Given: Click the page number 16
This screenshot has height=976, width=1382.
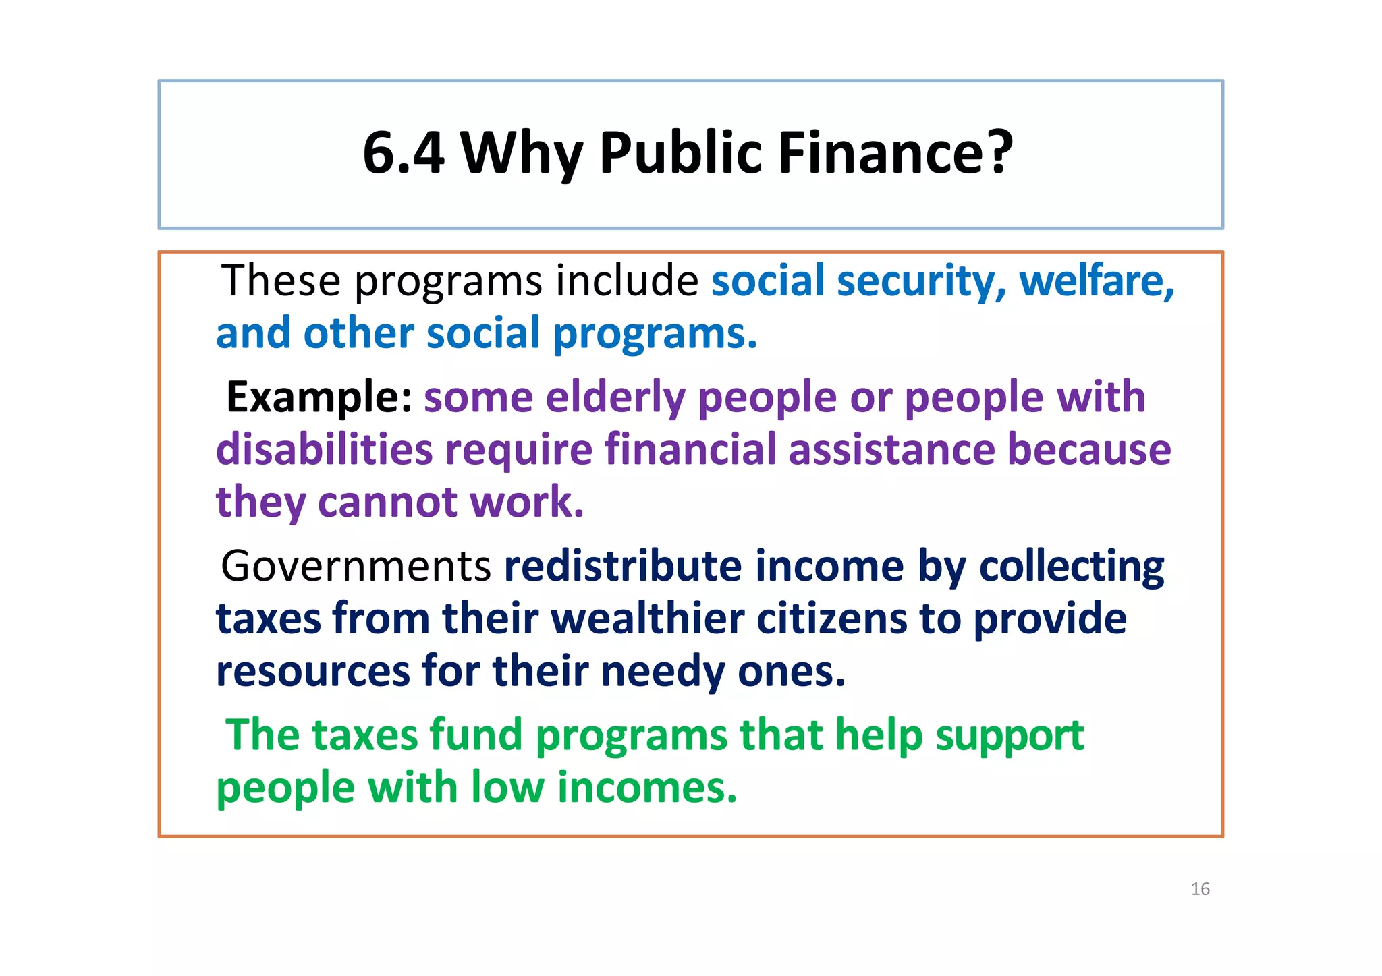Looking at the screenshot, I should [1200, 889].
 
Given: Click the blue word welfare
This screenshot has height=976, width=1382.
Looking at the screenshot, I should [1097, 281].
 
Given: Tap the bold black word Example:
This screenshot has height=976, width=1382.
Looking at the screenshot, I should [319, 397].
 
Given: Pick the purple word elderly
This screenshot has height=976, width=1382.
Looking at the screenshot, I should [615, 397].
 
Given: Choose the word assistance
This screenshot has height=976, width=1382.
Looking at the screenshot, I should [891, 450].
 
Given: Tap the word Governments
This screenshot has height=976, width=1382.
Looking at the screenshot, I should [356, 566].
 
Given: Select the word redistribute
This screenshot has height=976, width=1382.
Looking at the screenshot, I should [623, 566].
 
